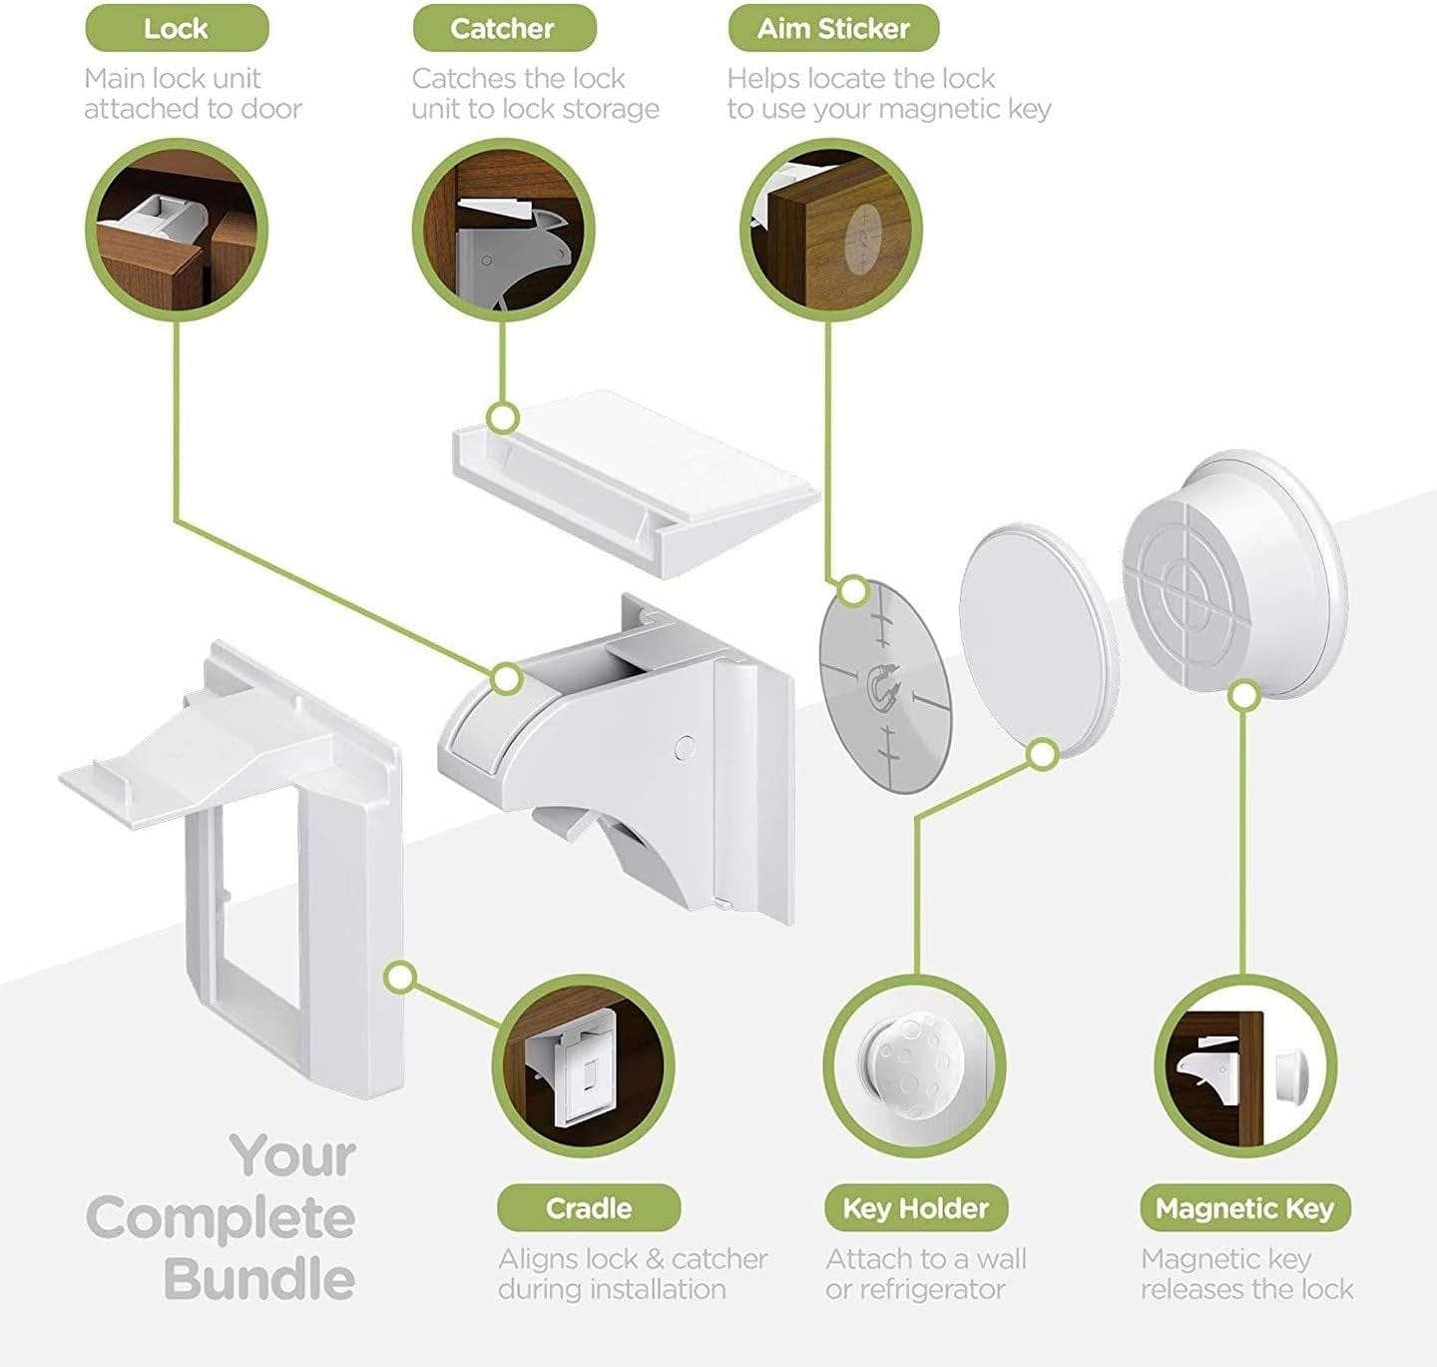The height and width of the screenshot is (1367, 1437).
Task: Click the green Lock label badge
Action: tap(177, 29)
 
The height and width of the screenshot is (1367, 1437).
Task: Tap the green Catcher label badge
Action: tap(504, 29)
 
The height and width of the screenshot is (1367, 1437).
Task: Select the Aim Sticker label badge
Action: tap(833, 29)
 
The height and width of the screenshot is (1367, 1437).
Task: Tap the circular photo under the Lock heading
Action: tap(177, 230)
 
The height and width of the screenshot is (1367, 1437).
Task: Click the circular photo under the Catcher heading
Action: tap(504, 230)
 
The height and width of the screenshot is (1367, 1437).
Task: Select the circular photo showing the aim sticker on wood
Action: tap(831, 230)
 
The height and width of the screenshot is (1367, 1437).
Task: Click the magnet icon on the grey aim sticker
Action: tap(883, 687)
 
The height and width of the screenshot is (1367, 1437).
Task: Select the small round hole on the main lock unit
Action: tap(685, 747)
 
